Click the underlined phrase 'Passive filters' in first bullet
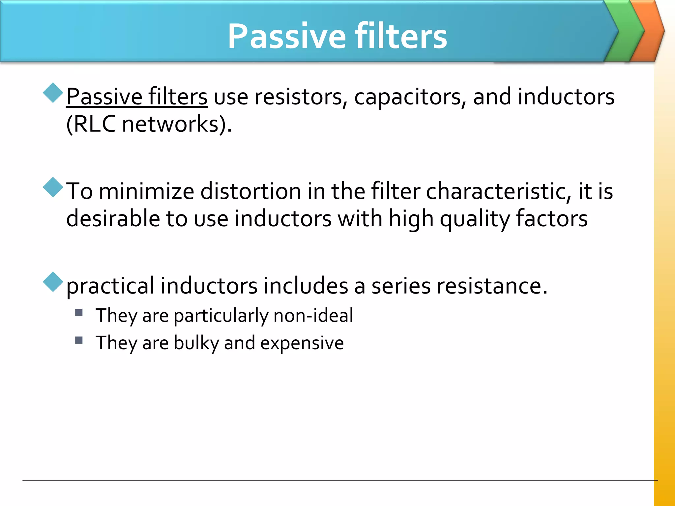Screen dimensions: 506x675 coord(137,97)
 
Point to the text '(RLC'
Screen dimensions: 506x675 coord(91,124)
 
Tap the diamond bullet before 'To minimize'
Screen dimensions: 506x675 coord(53,187)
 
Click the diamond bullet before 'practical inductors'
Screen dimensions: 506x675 coord(53,282)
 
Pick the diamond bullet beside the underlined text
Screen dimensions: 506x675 coord(53,93)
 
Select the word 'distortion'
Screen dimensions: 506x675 coord(250,191)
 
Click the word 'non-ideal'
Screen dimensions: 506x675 coord(313,315)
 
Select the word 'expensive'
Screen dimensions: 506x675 coord(302,343)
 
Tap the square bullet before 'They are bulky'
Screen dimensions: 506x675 coord(79,340)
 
